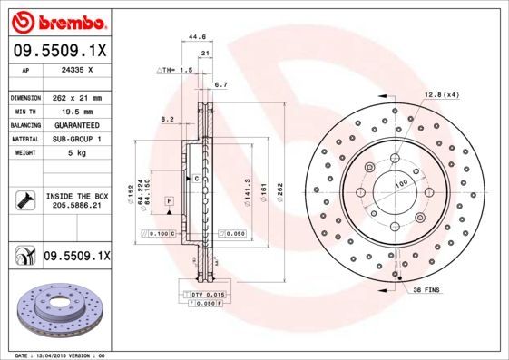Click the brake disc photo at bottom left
(x=63, y=310)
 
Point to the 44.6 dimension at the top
(x=192, y=37)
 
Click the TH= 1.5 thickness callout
(x=176, y=69)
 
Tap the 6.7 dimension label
(x=220, y=84)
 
